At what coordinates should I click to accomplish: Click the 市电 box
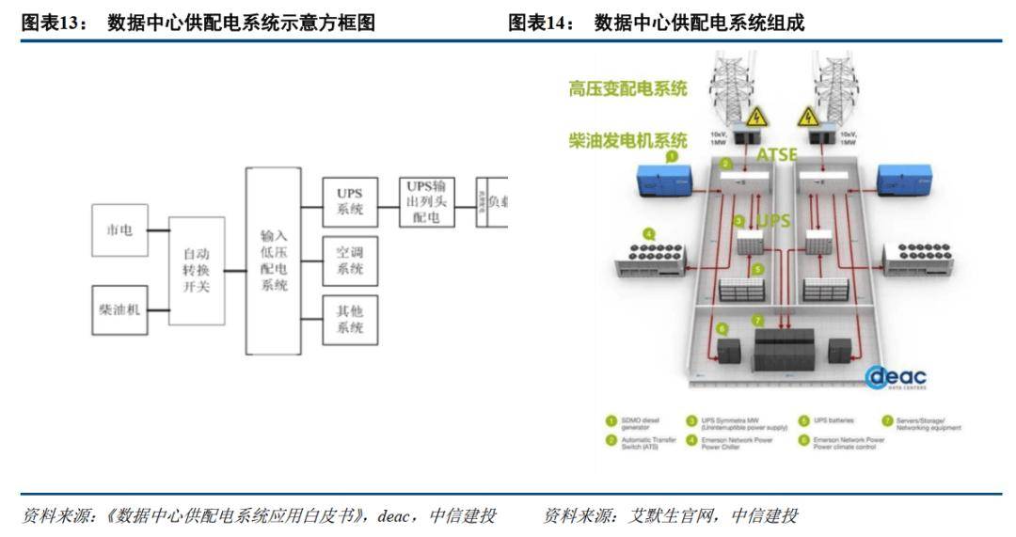tap(119, 229)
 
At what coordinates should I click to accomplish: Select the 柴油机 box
tap(119, 308)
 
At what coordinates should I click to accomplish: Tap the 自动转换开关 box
tap(197, 271)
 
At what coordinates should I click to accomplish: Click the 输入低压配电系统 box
tap(274, 261)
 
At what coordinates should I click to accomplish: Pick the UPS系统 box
tap(350, 202)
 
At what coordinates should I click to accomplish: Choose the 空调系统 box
tap(350, 261)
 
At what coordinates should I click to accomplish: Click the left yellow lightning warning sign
tap(756, 117)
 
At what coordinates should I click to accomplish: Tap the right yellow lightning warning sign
tap(808, 117)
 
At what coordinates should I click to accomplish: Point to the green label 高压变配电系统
tap(627, 89)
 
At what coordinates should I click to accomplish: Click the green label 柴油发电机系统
tap(627, 140)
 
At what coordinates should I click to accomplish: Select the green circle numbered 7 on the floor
tap(757, 320)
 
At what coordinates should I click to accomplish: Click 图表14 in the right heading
tap(541, 24)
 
